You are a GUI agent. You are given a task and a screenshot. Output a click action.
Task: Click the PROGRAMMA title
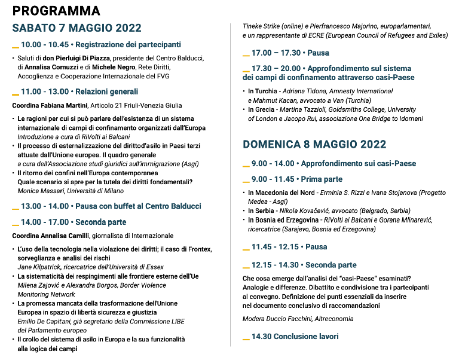pos(56,11)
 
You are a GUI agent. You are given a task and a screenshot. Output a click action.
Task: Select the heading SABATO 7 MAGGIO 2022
pos(76,28)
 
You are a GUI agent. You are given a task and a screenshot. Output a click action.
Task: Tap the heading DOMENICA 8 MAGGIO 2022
pos(314,144)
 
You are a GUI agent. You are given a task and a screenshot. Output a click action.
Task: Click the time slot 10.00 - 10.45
pos(45,45)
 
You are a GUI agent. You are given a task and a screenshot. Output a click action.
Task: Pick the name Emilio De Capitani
pos(49,321)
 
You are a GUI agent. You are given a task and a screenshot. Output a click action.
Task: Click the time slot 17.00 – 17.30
pos(276,53)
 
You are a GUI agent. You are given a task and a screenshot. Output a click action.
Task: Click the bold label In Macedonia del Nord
pos(281,193)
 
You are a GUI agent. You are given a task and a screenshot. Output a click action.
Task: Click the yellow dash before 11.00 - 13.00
pos(16,93)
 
